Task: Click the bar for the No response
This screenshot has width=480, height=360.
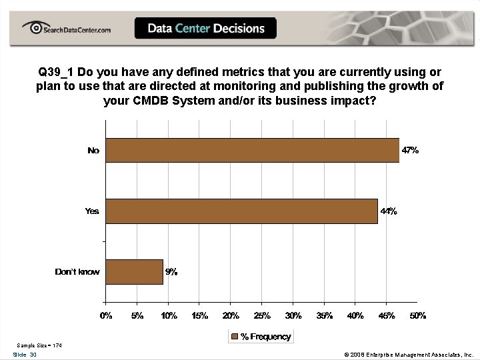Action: point(253,150)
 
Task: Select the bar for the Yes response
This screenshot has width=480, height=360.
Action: point(242,211)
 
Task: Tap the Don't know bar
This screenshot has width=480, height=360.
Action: point(135,271)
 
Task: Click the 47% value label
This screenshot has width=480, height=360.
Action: point(410,150)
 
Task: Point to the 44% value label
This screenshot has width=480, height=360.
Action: point(389,211)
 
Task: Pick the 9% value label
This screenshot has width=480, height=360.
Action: point(171,271)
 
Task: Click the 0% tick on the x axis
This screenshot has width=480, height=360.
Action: point(107,315)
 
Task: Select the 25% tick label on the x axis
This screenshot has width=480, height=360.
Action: point(262,315)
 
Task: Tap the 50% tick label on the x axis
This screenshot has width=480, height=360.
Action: point(417,315)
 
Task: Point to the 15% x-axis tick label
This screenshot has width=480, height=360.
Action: point(200,315)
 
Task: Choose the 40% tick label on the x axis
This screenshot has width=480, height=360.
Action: point(355,315)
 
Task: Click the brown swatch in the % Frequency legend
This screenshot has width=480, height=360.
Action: point(234,337)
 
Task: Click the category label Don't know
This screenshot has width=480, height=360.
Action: point(77,271)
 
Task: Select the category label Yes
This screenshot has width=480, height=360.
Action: point(92,211)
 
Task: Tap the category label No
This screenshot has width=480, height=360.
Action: point(93,150)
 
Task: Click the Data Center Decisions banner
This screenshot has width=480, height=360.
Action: point(206,28)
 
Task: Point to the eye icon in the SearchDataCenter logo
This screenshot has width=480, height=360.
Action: point(33,27)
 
